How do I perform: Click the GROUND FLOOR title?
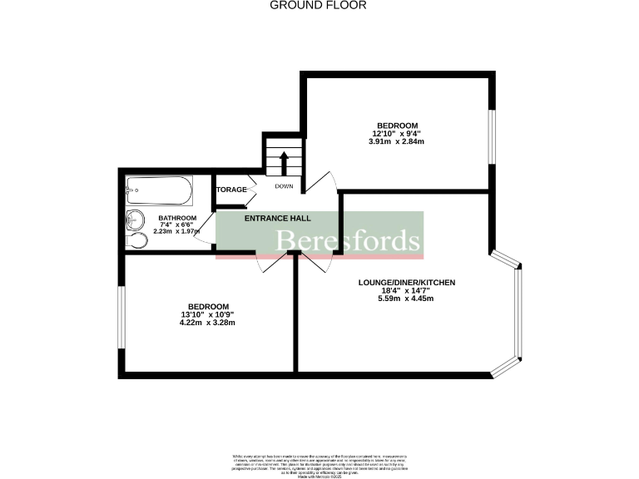pos(319,5)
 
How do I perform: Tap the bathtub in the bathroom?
pos(160,190)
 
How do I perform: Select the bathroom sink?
pos(135,221)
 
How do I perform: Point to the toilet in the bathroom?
pos(138,240)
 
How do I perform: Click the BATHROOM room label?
pos(177,218)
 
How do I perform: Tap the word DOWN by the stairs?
pos(285,186)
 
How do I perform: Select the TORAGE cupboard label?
pos(231,190)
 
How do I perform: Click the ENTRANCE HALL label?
pos(277,218)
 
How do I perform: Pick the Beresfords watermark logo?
pos(348,241)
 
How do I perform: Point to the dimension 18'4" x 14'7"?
pos(407,291)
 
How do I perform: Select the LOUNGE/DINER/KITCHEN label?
pos(407,283)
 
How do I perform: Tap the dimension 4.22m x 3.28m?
pos(207,323)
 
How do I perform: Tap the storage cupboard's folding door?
pos(250,190)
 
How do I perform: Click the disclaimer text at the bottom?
pos(319,463)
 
